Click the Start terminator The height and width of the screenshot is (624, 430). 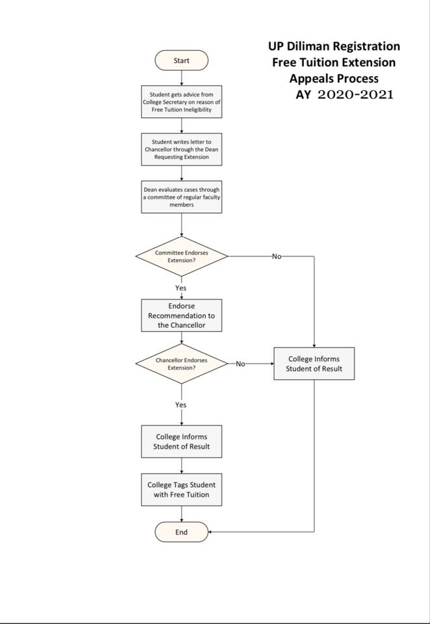(x=182, y=60)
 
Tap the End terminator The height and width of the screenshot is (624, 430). (x=182, y=532)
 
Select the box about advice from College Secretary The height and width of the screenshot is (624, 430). (x=182, y=102)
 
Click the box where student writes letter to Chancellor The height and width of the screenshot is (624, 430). (x=182, y=149)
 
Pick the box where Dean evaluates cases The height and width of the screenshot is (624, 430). (x=182, y=197)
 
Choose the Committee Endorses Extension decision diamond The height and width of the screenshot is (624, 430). (x=182, y=256)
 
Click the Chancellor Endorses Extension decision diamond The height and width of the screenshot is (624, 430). (x=182, y=364)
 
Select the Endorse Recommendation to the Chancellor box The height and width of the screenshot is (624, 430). (x=182, y=316)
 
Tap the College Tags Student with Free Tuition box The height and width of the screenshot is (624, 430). (x=182, y=490)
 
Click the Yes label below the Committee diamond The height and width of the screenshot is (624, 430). (x=181, y=288)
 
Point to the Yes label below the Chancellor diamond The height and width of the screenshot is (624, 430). (x=181, y=405)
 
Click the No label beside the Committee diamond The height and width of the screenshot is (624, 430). (x=277, y=256)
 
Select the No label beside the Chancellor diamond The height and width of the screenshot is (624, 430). (x=240, y=364)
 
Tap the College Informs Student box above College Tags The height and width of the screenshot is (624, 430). (x=182, y=442)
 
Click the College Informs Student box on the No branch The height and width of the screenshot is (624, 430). (x=314, y=364)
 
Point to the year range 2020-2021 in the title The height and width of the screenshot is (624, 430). (x=355, y=95)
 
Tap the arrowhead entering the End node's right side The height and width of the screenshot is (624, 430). (x=210, y=532)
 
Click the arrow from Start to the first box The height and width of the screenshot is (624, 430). (x=182, y=78)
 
